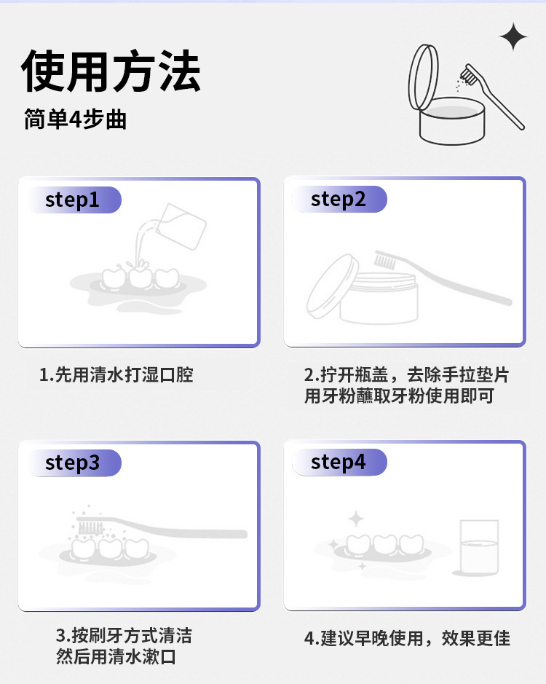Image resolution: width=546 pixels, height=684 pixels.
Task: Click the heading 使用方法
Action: pos(111,71)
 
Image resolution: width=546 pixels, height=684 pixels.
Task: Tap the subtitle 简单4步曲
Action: pos(76,119)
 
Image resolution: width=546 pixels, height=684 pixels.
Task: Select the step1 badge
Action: pos(74,200)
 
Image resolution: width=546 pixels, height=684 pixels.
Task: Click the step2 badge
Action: pos(339,199)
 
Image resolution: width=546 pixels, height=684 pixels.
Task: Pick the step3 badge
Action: pos(74,463)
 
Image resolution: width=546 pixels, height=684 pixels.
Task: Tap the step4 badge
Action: pos(339,462)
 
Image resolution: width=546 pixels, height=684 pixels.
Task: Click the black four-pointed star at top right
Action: pos(513,36)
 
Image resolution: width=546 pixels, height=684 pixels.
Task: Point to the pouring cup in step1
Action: pos(181,227)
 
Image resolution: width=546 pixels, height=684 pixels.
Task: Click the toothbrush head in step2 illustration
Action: pos(386,259)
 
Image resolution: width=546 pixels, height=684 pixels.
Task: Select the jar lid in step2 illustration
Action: pos(332,286)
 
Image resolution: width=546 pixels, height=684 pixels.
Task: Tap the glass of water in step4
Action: pos(479,547)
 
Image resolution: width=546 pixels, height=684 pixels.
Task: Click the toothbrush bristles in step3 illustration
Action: pos(90,528)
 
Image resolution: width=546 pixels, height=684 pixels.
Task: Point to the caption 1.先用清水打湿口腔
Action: pos(116,374)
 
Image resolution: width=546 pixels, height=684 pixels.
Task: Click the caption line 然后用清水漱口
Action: pos(116,656)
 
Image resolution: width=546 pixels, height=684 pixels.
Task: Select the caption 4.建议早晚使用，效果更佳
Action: pos(408,638)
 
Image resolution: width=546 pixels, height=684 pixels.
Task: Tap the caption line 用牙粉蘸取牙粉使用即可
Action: pos(399,396)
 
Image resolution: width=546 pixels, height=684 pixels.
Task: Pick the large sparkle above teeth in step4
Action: pos(356,519)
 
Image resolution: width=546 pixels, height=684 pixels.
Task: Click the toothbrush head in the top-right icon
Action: pos(469,74)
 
